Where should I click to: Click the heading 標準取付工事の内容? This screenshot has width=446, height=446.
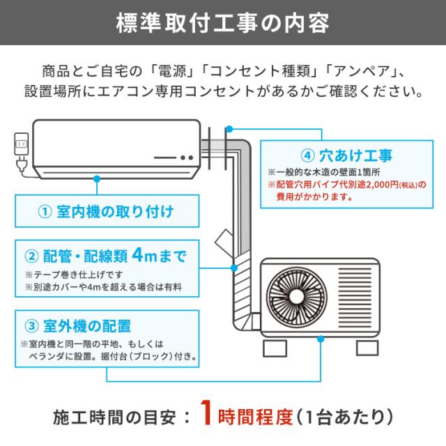pos(223,22)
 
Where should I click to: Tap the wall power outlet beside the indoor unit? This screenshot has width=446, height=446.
pos(20,145)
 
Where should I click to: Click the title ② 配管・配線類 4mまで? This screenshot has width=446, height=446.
pos(105,255)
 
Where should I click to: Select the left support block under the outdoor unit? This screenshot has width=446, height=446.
pos(277,347)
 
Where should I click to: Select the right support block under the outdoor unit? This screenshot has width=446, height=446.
pos(367,347)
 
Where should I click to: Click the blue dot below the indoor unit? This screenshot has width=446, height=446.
pos(96,178)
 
